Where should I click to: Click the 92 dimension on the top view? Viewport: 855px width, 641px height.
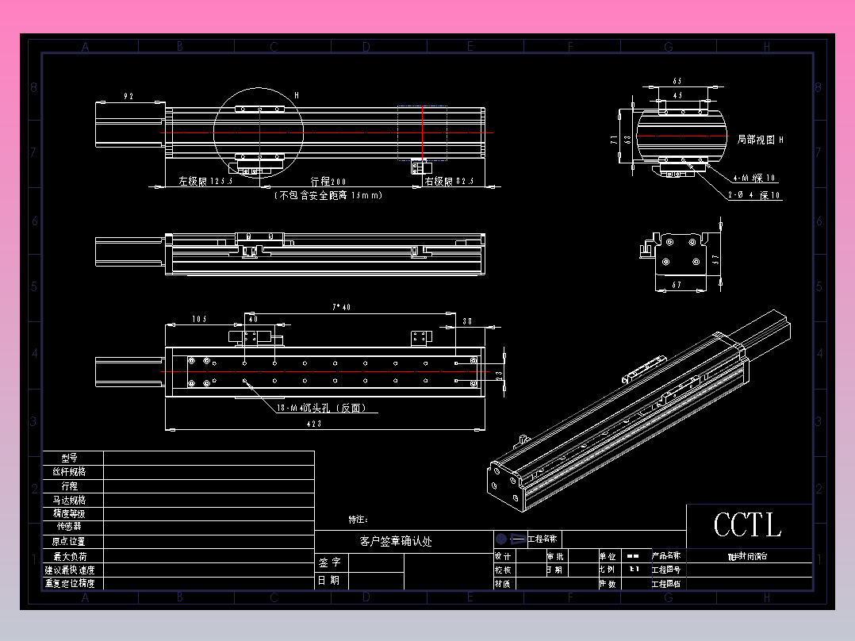pos(128,96)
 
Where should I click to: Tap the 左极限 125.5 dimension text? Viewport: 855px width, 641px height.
pos(205,182)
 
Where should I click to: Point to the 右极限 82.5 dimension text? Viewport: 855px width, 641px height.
pos(450,182)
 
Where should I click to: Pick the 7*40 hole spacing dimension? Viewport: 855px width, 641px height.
pos(342,306)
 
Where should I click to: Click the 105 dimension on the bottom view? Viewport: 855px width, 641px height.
pos(199,319)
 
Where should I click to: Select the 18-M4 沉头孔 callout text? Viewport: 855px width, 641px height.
pos(320,409)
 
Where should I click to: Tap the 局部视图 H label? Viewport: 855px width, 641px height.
pos(760,140)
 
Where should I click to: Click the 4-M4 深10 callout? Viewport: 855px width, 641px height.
pos(754,178)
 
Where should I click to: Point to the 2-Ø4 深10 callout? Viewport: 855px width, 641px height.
pos(754,195)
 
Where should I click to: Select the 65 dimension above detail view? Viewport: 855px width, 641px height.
pos(677,81)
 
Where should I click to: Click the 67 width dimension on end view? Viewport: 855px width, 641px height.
pos(677,284)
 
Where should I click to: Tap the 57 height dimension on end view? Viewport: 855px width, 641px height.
pos(715,259)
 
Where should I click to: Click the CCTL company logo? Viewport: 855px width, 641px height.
pos(747,525)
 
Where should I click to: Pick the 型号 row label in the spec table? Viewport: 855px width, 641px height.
pos(70,458)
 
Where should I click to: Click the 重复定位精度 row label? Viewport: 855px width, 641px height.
pos(70,583)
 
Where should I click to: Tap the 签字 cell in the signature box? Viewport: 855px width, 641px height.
pos(331,562)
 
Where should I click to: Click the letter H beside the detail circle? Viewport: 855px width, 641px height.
pos(297,95)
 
